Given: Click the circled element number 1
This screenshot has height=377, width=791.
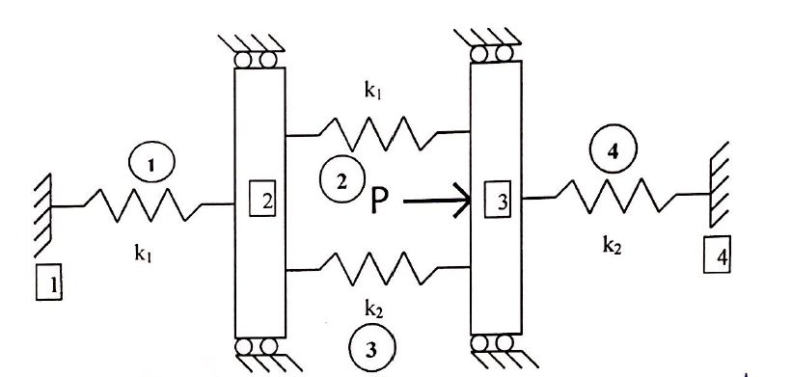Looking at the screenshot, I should [x=146, y=166].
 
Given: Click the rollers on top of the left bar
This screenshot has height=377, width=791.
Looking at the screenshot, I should [x=260, y=59].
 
